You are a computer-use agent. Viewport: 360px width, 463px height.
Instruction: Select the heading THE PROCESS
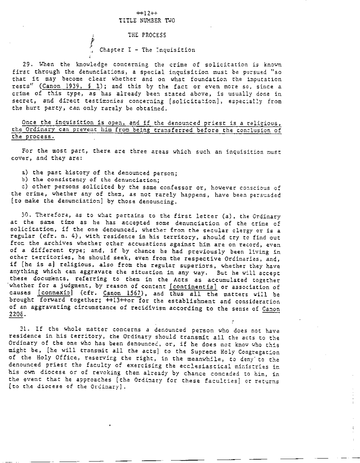point(147,35)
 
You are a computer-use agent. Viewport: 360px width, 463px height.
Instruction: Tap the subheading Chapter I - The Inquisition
point(147,49)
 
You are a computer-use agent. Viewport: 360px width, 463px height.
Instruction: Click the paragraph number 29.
point(27,64)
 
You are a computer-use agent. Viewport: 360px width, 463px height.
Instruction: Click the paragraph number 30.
point(27,216)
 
